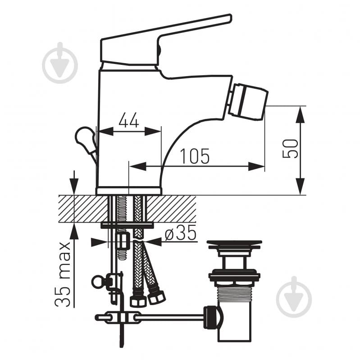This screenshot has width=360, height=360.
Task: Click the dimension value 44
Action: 129,120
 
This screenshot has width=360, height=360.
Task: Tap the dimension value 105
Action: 195,156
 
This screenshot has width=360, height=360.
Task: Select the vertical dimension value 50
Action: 290,149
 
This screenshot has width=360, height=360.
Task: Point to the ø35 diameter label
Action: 181,232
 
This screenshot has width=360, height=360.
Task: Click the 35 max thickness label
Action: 63,274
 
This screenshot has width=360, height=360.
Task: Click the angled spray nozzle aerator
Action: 248,102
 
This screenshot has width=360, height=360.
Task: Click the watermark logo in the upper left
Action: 60,63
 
